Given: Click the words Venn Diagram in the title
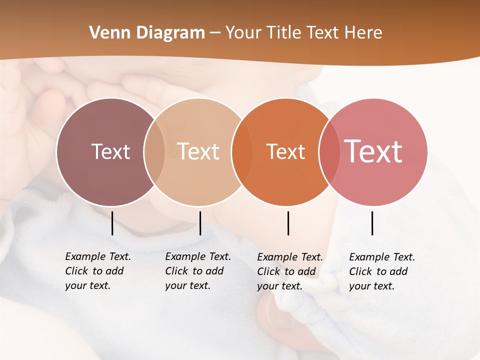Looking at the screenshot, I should (146, 33).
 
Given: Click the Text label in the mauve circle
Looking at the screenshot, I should (110, 151).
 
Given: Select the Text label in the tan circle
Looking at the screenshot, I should (198, 151).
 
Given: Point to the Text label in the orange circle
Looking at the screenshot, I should (285, 151).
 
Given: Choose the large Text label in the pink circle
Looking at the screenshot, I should (373, 151).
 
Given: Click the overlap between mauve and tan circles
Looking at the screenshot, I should (154, 152).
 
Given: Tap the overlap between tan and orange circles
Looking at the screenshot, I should (242, 152).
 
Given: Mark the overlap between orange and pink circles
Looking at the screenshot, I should (329, 152).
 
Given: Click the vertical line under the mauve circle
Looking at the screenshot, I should (112, 223).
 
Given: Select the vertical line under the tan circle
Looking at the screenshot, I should (200, 223).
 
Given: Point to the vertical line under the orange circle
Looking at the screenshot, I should (288, 223).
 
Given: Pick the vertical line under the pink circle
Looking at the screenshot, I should (372, 223).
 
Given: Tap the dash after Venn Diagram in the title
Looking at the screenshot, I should (215, 33).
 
